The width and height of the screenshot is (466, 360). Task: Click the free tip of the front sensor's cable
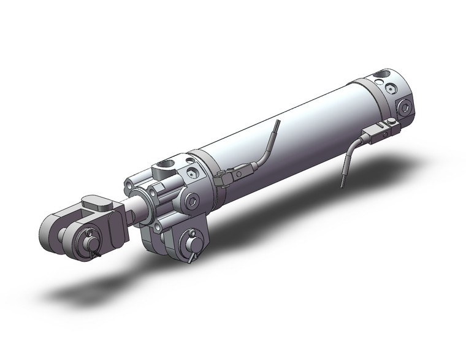pos(277,123)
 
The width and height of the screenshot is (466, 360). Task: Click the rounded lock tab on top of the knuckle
pos(96,201)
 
